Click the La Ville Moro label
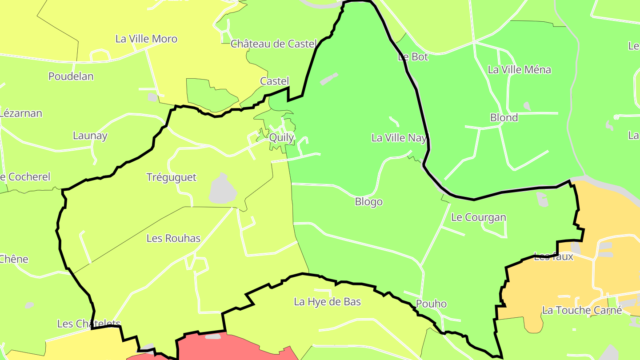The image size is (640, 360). click(x=146, y=39)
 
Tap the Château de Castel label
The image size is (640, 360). click(x=273, y=44)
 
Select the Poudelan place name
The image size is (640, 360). click(x=71, y=76)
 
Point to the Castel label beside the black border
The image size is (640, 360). click(x=274, y=81)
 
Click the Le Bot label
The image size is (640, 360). click(x=413, y=56)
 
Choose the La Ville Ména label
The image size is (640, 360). click(x=519, y=69)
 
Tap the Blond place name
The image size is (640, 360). click(x=504, y=117)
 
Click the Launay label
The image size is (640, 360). click(x=90, y=136)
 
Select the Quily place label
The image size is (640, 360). click(x=281, y=137)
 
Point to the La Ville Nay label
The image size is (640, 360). click(x=399, y=138)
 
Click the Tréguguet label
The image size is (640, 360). click(x=171, y=177)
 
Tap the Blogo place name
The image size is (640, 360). click(x=368, y=202)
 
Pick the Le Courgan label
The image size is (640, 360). click(x=478, y=217)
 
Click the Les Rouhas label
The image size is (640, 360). click(x=173, y=238)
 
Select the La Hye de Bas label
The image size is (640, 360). click(x=327, y=302)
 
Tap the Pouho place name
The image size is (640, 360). click(x=431, y=304)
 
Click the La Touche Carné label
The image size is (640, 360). click(x=582, y=310)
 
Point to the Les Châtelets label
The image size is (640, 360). click(x=89, y=324)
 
